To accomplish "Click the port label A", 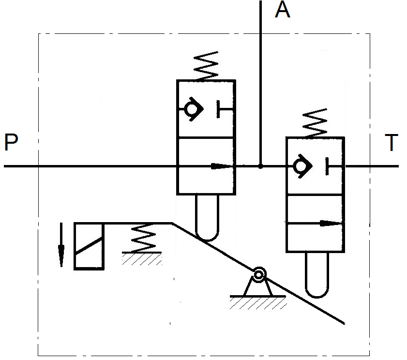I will click(282, 10).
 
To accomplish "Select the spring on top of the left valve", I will click(206, 66).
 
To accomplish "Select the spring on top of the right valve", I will click(315, 123).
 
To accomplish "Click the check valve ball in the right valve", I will click(301, 166).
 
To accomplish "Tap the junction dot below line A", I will click(260, 166).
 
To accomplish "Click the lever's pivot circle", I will click(259, 275).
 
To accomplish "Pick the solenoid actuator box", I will click(89, 246).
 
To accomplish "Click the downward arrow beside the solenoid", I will click(61, 244).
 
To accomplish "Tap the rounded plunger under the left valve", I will click(206, 218).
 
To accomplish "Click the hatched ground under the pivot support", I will click(258, 303).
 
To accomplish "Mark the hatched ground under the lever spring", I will click(141, 258).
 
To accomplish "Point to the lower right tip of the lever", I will click(343, 322).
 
